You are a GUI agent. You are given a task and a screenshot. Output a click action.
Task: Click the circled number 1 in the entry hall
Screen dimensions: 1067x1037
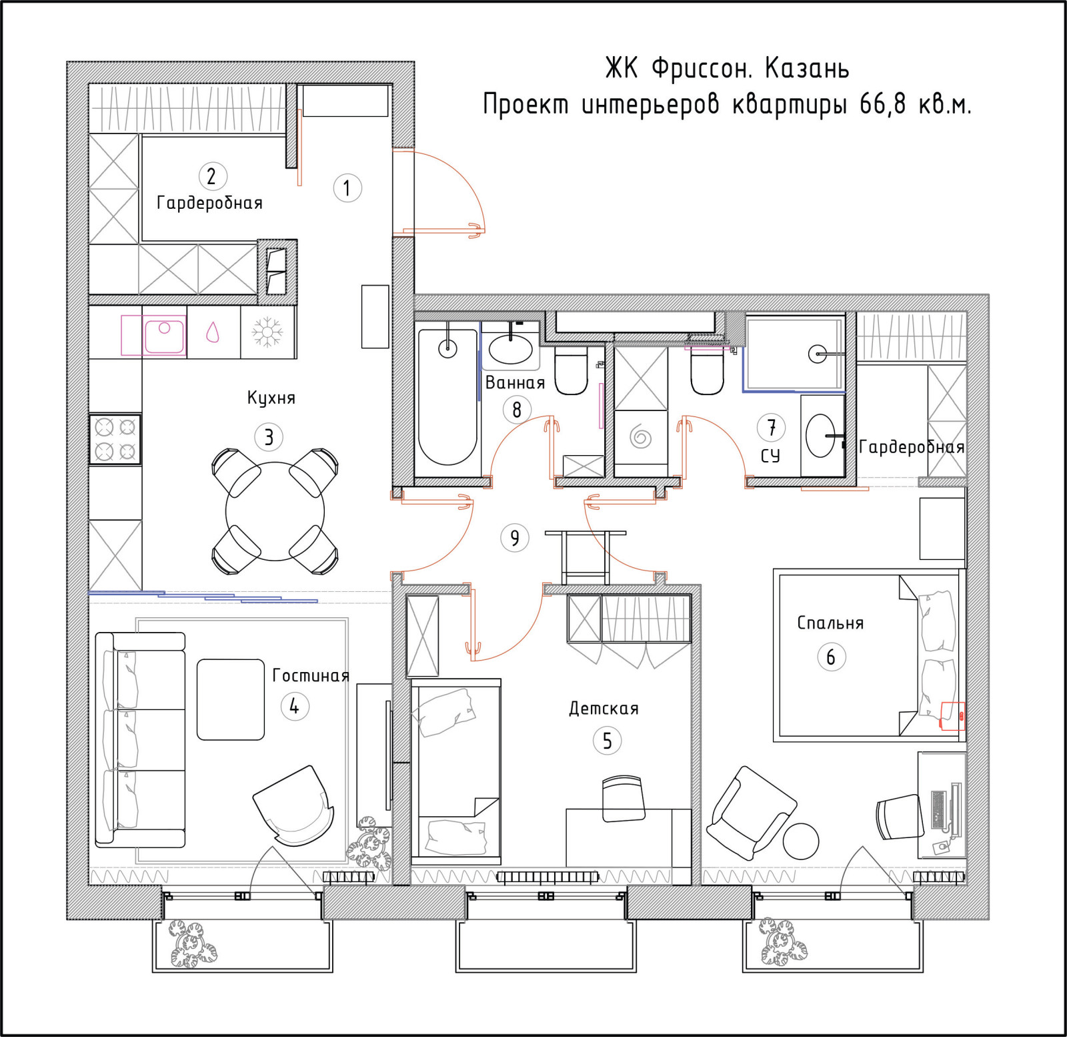pyautogui.click(x=347, y=188)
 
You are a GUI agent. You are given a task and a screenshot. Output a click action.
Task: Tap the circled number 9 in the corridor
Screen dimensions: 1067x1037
pyautogui.click(x=515, y=538)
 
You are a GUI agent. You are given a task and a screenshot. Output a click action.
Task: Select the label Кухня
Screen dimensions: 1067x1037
pyautogui.click(x=271, y=398)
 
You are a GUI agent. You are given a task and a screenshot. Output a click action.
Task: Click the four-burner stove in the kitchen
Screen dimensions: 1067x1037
pyautogui.click(x=115, y=439)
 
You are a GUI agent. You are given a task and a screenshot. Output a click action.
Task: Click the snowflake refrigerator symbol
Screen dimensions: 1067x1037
pyautogui.click(x=267, y=332)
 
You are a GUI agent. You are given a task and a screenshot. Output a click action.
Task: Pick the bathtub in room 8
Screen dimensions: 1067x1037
pyautogui.click(x=447, y=396)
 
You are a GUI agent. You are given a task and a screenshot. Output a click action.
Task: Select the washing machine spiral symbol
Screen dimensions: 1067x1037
pyautogui.click(x=641, y=437)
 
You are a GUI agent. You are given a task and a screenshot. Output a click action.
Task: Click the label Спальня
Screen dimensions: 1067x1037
pyautogui.click(x=830, y=623)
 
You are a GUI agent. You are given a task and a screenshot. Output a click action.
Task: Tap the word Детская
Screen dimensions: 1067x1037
pyautogui.click(x=604, y=708)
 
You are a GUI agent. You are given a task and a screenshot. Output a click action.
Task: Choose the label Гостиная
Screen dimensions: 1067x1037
pyautogui.click(x=311, y=675)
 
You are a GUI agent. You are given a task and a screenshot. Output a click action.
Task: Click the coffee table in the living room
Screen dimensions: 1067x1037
pyautogui.click(x=231, y=699)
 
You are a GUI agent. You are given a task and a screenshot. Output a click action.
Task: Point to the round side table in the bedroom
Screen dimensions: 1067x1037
pyautogui.click(x=800, y=841)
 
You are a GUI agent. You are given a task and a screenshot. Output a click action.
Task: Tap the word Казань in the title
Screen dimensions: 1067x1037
pyautogui.click(x=807, y=69)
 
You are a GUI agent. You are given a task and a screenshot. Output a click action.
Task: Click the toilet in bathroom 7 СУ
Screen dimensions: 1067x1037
pyautogui.click(x=707, y=372)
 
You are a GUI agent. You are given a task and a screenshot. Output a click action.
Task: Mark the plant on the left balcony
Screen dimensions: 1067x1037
pyautogui.click(x=192, y=944)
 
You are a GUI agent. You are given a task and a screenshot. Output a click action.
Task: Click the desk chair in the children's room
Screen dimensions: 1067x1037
pyautogui.click(x=624, y=798)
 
